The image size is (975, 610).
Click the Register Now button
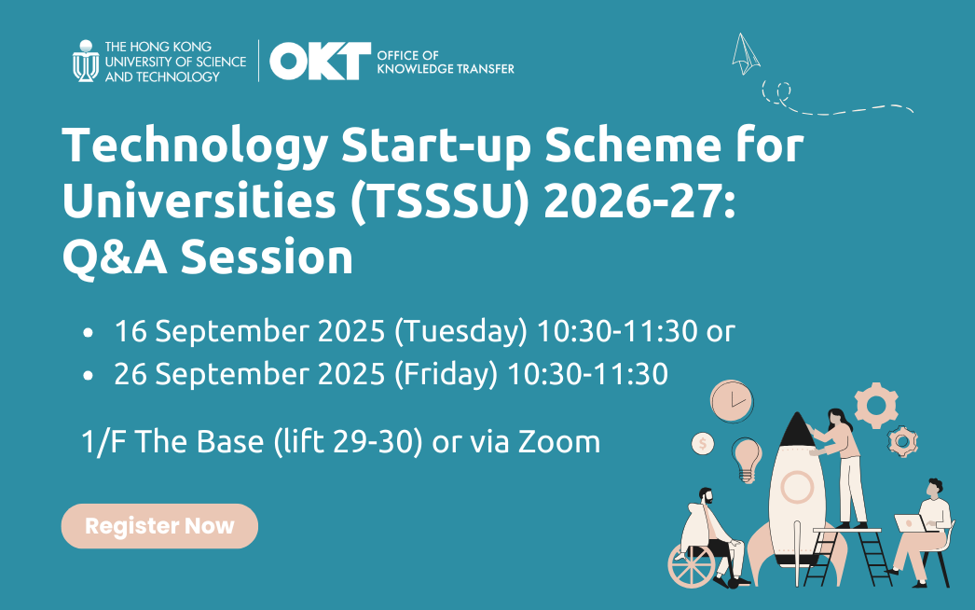(159, 526)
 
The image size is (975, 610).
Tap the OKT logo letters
(321, 61)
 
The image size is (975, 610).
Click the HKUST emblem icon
(86, 61)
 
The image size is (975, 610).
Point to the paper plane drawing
(745, 53)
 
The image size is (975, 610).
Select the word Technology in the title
(195, 146)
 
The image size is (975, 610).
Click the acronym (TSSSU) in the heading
(440, 201)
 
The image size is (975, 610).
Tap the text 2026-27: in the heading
(639, 201)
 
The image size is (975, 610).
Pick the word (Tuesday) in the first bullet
(460, 330)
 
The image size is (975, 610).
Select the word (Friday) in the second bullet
(446, 374)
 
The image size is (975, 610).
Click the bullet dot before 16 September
(88, 332)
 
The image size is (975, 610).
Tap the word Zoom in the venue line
(559, 442)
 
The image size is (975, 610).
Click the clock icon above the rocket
(732, 401)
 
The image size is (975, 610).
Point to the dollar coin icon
(703, 444)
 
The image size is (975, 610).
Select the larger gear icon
(876, 405)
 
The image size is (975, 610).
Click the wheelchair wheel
(692, 566)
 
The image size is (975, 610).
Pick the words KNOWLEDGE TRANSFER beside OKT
(446, 69)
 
